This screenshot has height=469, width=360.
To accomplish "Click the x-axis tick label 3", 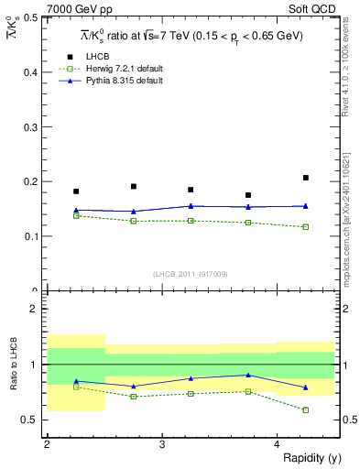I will click(x=162, y=443).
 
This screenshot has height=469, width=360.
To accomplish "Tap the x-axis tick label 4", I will click(x=278, y=443).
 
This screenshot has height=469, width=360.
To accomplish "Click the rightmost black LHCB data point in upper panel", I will click(x=306, y=178).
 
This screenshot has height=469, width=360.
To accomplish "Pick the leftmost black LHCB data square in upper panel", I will click(x=76, y=191).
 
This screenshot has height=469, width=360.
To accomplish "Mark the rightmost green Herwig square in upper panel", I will click(x=306, y=226).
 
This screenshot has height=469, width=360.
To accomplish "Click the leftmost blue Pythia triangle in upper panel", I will click(x=76, y=210).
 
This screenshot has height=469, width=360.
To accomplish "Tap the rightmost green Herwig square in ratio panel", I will click(x=306, y=409).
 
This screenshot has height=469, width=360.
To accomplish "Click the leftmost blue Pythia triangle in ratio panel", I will click(x=76, y=381).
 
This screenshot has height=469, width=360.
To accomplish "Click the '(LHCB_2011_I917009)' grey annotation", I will click(x=191, y=273).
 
